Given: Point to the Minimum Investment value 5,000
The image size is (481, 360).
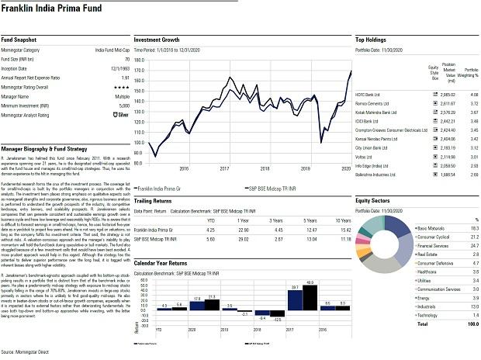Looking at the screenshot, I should tap(123, 106).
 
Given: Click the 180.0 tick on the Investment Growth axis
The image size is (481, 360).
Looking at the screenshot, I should tap(140, 60).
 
